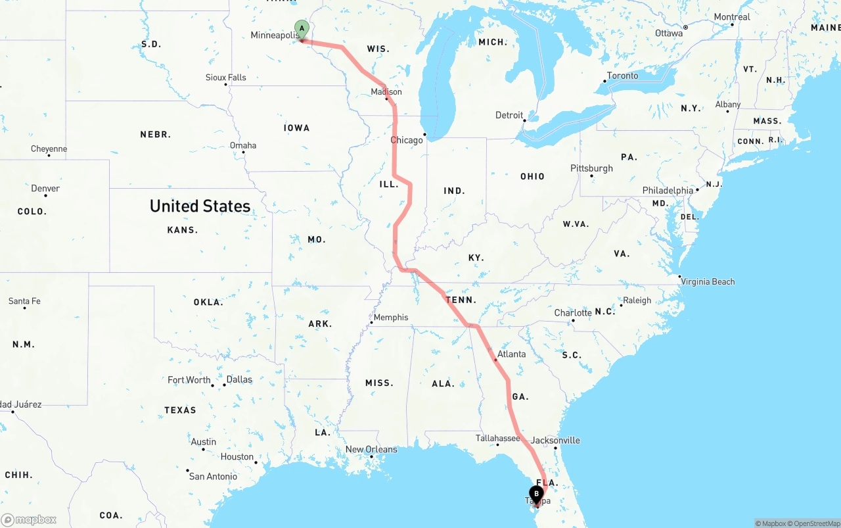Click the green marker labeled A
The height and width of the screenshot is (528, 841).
[302, 29]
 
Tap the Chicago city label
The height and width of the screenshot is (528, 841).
[407, 140]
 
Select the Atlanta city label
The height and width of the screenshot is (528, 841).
[511, 354]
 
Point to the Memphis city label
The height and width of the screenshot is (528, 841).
[391, 317]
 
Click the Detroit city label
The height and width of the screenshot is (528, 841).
[509, 115]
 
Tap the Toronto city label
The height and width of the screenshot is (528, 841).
[622, 76]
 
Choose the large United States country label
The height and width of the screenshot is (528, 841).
[200, 206]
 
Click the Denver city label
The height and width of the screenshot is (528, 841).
[45, 188]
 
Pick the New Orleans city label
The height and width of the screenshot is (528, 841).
[371, 449]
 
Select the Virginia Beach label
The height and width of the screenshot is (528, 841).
[708, 281]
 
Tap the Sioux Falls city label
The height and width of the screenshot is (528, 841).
[226, 77]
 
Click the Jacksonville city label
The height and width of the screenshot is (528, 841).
[556, 440]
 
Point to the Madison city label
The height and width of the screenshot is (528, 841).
[386, 91]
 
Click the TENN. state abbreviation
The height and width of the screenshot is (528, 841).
[461, 300]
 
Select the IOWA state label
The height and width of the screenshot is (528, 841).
[296, 128]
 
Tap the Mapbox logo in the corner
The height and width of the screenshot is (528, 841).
[29, 519]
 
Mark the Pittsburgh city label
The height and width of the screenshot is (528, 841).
[591, 168]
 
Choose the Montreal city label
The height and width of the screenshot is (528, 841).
[732, 17]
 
